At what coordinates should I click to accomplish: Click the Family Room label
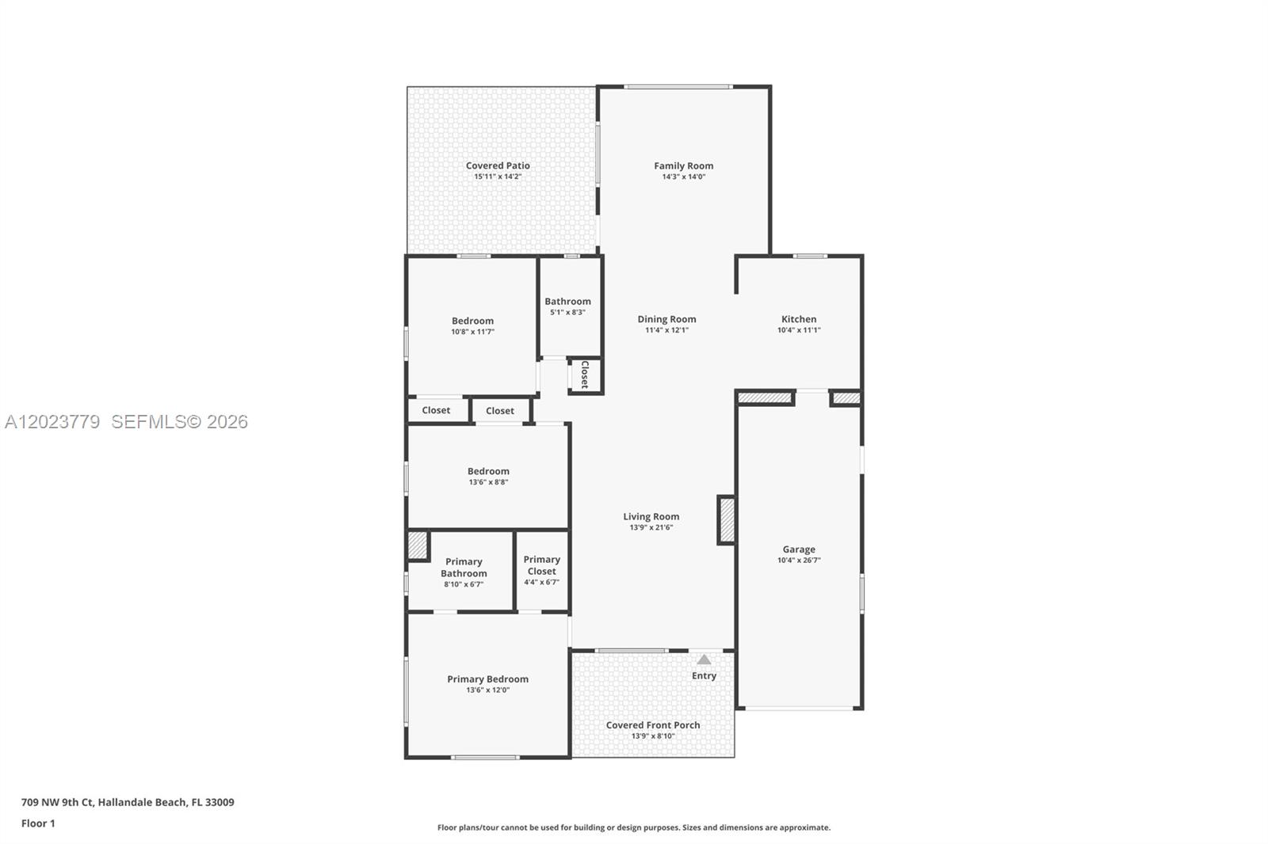tap(683, 165)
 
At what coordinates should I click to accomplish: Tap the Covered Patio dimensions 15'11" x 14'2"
tap(498, 177)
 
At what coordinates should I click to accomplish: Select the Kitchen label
tap(799, 319)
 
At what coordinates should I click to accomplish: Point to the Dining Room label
tap(666, 319)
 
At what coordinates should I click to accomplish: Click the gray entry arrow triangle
tap(704, 660)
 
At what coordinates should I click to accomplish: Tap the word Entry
tap(704, 675)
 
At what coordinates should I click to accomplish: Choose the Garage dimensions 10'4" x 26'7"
tap(799, 560)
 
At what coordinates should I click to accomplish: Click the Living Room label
tap(651, 516)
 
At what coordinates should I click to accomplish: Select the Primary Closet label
tap(542, 565)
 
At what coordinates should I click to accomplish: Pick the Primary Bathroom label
tap(464, 568)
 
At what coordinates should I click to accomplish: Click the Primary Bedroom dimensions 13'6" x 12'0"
tap(488, 690)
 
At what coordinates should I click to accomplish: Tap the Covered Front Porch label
tap(653, 725)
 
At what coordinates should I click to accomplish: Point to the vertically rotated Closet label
tap(585, 374)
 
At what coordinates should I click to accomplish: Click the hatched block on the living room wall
tap(727, 520)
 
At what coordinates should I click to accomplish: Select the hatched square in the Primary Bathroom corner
tap(417, 546)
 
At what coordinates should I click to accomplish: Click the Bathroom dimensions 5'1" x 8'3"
tap(567, 312)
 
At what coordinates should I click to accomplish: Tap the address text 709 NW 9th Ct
tap(59, 802)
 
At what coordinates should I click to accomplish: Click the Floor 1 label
tap(38, 823)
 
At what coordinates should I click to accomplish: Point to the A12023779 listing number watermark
tap(52, 421)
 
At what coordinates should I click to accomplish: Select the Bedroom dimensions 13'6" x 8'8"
tap(488, 482)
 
